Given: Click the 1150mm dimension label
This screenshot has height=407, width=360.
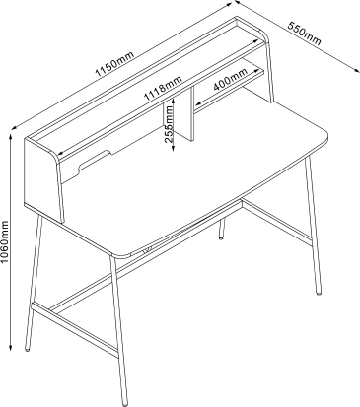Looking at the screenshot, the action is pyautogui.click(x=114, y=64).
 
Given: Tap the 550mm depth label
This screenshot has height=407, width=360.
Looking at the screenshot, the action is pyautogui.click(x=304, y=34).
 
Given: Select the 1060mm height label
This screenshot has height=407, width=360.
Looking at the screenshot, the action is pyautogui.click(x=5, y=242).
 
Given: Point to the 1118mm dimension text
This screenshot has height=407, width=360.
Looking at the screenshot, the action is pyautogui.click(x=163, y=88).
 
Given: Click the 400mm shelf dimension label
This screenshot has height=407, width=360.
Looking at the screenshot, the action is pyautogui.click(x=230, y=79).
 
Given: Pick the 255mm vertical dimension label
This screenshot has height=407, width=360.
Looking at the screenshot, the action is pyautogui.click(x=169, y=122).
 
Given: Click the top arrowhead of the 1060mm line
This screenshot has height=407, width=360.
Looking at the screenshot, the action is pyautogui.click(x=11, y=137).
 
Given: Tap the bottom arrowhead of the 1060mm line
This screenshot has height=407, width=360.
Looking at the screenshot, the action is pyautogui.click(x=11, y=347).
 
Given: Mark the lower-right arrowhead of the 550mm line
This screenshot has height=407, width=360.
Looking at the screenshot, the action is pyautogui.click(x=356, y=69).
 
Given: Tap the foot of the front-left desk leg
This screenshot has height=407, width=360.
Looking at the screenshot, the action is pyautogui.click(x=28, y=350).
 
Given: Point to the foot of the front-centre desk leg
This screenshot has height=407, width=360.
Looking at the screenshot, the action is pyautogui.click(x=124, y=404).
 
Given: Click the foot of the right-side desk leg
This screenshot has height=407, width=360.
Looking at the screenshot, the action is pyautogui.click(x=319, y=292).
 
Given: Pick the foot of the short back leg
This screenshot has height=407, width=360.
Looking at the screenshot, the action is pyautogui.click(x=221, y=237).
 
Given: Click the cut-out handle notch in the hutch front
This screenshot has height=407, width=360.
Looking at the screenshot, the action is pyautogui.click(x=95, y=161).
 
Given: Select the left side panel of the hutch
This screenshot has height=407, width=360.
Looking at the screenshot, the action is pyautogui.click(x=42, y=180).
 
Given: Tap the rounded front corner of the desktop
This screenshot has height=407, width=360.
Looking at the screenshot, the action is pyautogui.click(x=120, y=254).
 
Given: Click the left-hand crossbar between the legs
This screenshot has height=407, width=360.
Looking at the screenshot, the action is pyautogui.click(x=75, y=329).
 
